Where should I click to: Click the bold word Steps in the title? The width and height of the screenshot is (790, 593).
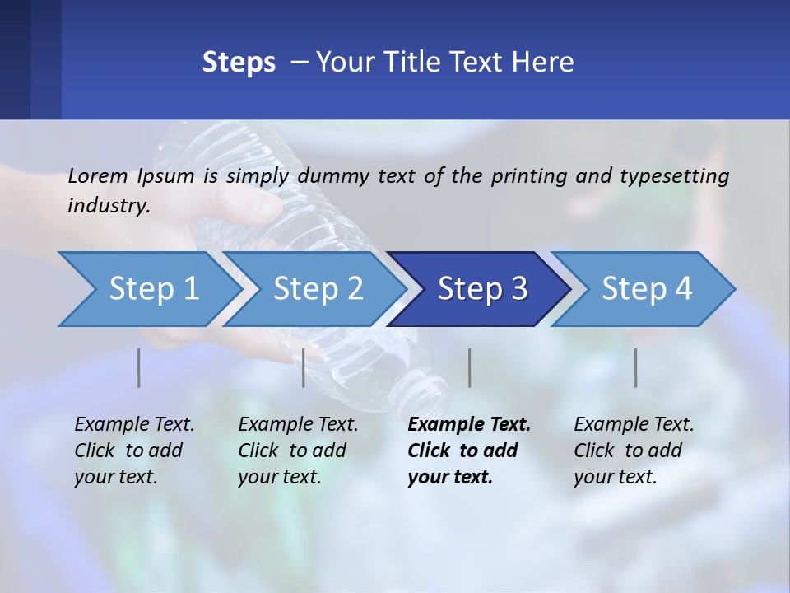tap(239, 63)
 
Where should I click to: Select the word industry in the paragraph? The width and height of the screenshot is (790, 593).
tap(107, 205)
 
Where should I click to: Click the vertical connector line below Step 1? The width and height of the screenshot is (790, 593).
tap(139, 367)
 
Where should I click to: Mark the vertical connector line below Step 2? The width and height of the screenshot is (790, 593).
tap(304, 367)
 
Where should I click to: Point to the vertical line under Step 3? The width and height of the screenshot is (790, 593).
tap(469, 367)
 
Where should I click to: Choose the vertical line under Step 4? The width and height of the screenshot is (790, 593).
tap(635, 367)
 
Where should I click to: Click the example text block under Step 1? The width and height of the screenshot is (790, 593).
tap(134, 451)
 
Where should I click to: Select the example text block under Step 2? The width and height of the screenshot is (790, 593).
tap(298, 451)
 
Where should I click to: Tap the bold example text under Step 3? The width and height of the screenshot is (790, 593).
tap(469, 451)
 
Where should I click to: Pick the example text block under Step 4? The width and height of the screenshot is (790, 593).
tap(634, 451)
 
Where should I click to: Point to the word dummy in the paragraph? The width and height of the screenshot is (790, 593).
tap(335, 175)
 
